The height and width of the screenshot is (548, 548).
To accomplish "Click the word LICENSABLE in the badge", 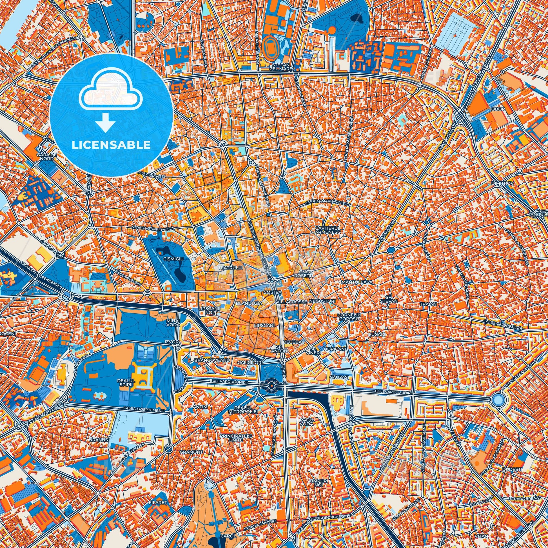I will (x=111, y=145).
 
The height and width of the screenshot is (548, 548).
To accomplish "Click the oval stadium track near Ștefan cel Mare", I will (x=268, y=45).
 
